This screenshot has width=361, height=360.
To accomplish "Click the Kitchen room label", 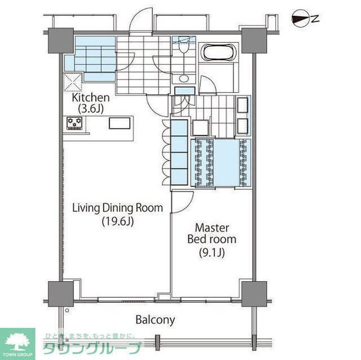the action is [x=91, y=97].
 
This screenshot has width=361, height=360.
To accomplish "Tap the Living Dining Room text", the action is [x=118, y=208].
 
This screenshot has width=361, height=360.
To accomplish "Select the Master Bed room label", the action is [x=212, y=233].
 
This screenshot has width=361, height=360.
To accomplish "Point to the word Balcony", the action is [x=155, y=320].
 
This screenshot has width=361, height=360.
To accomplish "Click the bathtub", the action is [x=218, y=52].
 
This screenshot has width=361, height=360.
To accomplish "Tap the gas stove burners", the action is [x=74, y=123].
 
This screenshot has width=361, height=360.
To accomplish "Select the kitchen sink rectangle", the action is [x=120, y=123].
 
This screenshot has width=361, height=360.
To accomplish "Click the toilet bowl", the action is [x=184, y=48].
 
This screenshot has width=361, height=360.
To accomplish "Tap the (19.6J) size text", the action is [x=118, y=221].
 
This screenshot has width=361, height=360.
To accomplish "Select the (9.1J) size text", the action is [x=212, y=253].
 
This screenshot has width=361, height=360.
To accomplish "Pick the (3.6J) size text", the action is [x=91, y=109].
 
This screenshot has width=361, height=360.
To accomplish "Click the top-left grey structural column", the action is [x=61, y=41].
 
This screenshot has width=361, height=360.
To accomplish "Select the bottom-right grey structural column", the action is [x=254, y=294].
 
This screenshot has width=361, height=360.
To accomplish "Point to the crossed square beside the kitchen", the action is [x=72, y=82].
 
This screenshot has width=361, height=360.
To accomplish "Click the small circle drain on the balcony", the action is [x=67, y=310].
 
